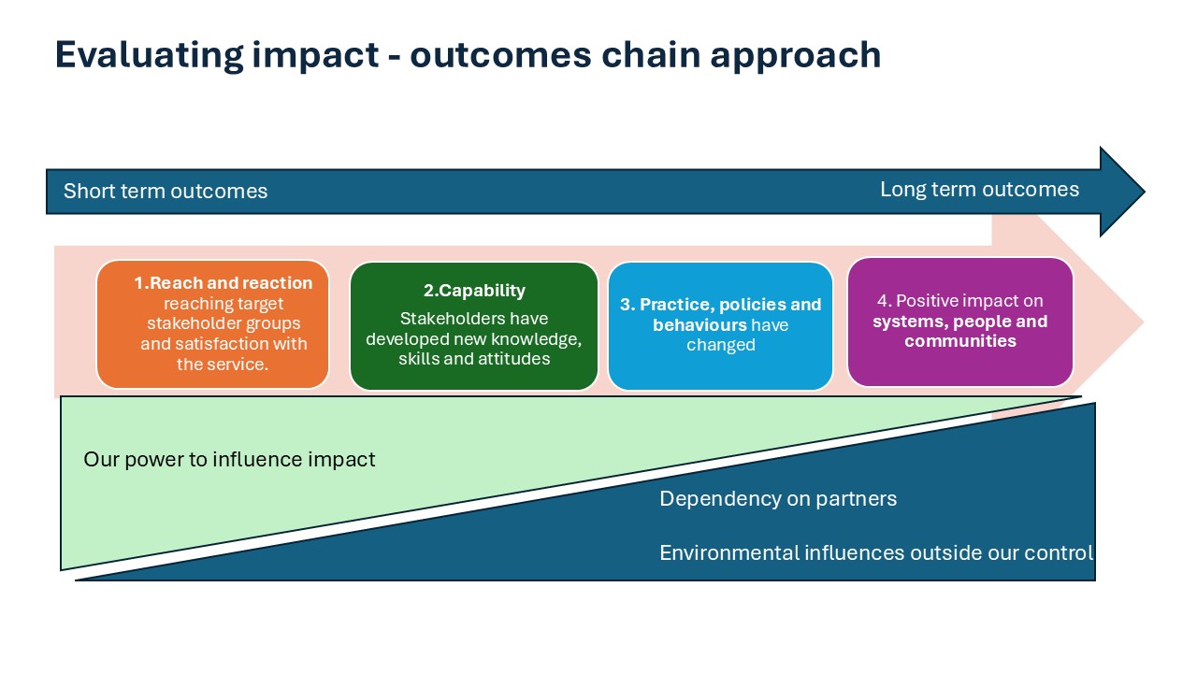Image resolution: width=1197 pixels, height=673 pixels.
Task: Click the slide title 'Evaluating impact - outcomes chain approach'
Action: [468, 55]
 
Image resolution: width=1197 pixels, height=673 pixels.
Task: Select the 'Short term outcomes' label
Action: [166, 192]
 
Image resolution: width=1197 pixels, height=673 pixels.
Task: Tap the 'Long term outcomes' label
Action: [979, 190]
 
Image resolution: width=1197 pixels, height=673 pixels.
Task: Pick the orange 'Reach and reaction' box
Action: [212, 323]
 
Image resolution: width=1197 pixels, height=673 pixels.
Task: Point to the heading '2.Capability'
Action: [474, 291]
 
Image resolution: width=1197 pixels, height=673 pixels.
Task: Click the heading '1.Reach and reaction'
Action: [223, 283]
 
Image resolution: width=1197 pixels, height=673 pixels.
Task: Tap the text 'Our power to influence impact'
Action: [229, 460]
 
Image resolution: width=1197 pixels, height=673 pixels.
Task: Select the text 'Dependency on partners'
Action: [778, 499]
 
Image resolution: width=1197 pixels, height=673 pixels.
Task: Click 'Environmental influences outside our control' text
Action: [876, 553]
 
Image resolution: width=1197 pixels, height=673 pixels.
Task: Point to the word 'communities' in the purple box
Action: [959, 341]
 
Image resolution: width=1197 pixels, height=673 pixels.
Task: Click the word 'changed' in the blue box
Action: [720, 346]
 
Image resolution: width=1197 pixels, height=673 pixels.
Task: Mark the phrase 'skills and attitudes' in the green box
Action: [474, 359]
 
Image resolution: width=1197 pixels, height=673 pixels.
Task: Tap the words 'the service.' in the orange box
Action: [223, 365]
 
